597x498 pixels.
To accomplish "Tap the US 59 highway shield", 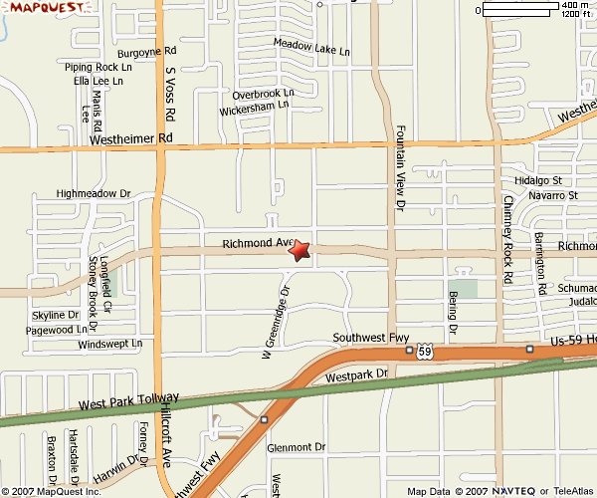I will (425, 352).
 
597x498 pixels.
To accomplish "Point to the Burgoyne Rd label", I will (146, 51).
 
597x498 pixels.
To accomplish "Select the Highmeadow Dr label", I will (95, 193).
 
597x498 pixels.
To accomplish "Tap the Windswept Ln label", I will (110, 344).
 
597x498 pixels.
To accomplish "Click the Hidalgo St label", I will (539, 181).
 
